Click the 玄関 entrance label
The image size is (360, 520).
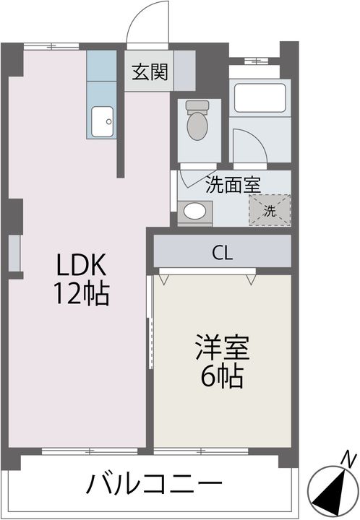click(x=150, y=72)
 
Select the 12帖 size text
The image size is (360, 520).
click(x=80, y=294)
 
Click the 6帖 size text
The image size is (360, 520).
click(x=222, y=376)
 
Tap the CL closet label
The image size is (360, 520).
click(x=222, y=253)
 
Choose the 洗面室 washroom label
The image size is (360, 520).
click(x=233, y=185)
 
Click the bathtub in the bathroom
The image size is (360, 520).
click(x=260, y=98)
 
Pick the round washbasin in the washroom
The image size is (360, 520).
click(x=194, y=212)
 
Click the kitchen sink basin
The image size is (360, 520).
click(x=102, y=120)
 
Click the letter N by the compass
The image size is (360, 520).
click(x=349, y=459)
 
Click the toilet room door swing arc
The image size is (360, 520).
click(x=189, y=178)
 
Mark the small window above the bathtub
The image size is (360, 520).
click(x=260, y=61)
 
